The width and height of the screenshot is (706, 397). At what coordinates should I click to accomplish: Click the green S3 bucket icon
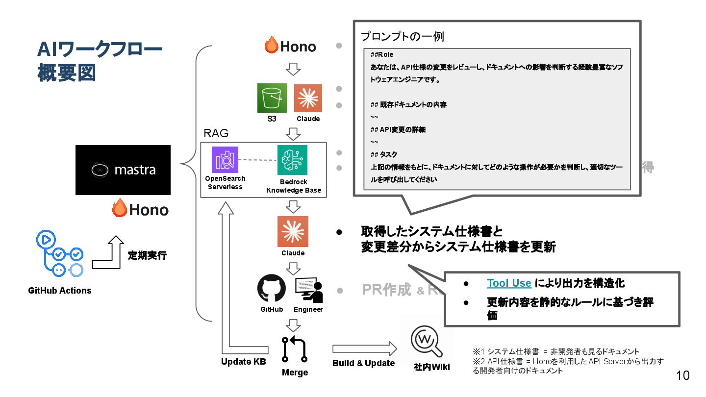pos(272,98)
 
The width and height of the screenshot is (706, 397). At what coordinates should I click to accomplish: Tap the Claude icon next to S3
pos(308,98)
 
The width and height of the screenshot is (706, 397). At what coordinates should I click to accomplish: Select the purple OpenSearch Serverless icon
pos(225,160)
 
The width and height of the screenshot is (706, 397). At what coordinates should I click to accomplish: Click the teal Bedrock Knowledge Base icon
pos(292,160)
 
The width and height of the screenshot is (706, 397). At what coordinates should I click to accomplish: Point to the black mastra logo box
pos(123,170)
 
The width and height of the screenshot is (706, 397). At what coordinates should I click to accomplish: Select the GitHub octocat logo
pos(272,289)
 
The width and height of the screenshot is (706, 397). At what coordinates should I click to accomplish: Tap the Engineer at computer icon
pos(308,290)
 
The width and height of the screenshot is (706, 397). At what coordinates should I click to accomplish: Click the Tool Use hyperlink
pos(509,283)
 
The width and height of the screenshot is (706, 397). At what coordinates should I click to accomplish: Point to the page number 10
pos(682,375)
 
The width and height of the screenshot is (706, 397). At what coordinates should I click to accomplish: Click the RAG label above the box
pos(216,134)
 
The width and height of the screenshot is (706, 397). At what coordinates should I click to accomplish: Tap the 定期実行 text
pos(147,255)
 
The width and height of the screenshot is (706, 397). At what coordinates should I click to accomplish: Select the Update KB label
pos(243,362)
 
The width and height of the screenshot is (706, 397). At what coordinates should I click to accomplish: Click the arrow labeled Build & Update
pos(364,349)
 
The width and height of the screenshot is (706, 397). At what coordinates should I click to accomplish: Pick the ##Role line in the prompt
pos(382,54)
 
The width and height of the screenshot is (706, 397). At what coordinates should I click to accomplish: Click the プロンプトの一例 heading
pos(402,37)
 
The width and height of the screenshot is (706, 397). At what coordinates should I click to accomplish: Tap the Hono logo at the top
pos(290,47)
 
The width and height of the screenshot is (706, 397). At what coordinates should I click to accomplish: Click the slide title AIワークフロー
pos(100,50)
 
